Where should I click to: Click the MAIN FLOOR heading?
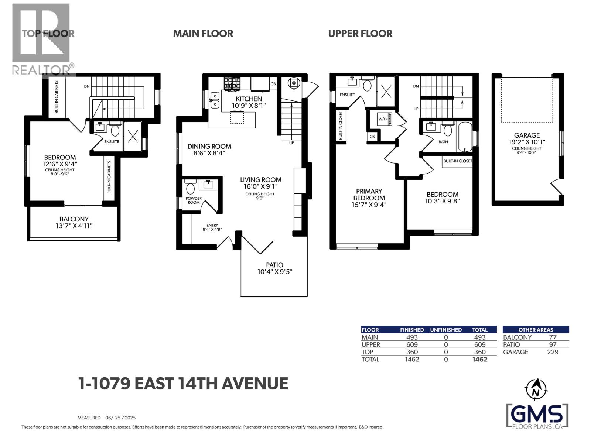click(203, 34)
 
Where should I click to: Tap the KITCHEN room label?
click(249, 99)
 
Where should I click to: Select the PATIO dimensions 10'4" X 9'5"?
click(275, 272)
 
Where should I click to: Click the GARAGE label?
click(527, 135)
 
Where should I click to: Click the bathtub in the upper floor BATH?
click(465, 137)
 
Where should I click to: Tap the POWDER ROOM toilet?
click(191, 188)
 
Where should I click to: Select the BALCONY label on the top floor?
click(74, 219)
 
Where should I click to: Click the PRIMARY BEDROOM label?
click(369, 195)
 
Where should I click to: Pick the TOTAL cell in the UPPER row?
click(479, 344)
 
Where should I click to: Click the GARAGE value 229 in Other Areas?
click(553, 352)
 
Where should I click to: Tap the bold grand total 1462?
click(479, 359)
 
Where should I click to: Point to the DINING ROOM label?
click(209, 147)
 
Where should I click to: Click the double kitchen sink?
click(215, 101)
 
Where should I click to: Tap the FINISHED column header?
click(412, 330)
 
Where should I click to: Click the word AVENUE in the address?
click(254, 384)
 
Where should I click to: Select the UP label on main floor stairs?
click(291, 143)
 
